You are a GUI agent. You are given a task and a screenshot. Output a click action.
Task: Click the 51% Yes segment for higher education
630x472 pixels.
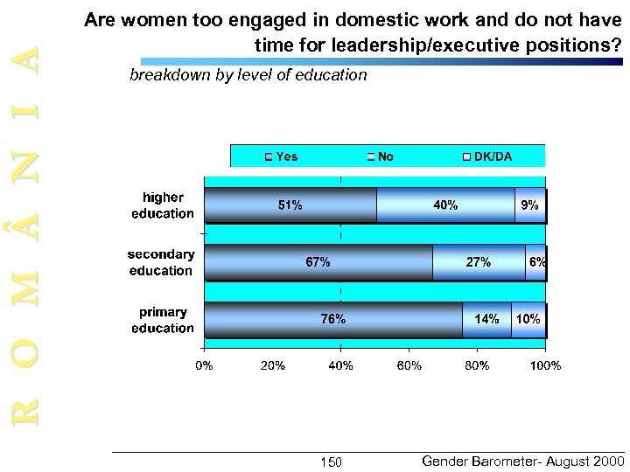coord(290,205)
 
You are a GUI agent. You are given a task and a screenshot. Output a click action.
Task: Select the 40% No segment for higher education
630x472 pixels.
coord(445,205)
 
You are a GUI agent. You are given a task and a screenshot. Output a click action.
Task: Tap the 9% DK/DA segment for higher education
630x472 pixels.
coord(530,205)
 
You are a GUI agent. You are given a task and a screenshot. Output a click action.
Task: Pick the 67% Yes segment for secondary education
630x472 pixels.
coord(318,262)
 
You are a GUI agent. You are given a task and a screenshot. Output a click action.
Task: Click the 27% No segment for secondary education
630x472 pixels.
coord(479,262)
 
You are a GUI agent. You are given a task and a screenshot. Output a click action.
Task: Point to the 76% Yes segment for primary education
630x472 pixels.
coord(333,319)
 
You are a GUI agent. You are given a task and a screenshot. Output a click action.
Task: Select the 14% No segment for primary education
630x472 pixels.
coord(486,319)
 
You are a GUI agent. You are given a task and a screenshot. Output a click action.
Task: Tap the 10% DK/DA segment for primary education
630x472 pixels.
coord(528,319)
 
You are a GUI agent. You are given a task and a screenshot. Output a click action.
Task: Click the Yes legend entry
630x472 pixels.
coord(281,156)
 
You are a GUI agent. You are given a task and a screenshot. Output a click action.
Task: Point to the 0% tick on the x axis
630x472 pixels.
coord(204,365)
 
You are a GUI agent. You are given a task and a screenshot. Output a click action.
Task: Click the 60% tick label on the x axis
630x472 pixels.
coord(409,365)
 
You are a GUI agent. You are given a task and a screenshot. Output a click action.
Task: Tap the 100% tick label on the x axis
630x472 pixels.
coord(546,365)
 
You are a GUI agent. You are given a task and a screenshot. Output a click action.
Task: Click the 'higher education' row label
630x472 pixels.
coord(163,205)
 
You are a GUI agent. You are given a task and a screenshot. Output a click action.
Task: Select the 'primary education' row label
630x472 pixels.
coord(163,320)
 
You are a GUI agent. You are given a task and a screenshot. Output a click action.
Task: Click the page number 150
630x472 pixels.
coord(332,462)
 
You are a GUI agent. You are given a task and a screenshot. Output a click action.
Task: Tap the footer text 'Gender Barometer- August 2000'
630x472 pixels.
coord(522,460)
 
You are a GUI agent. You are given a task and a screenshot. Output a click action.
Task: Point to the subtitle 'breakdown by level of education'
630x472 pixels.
coord(248,75)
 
